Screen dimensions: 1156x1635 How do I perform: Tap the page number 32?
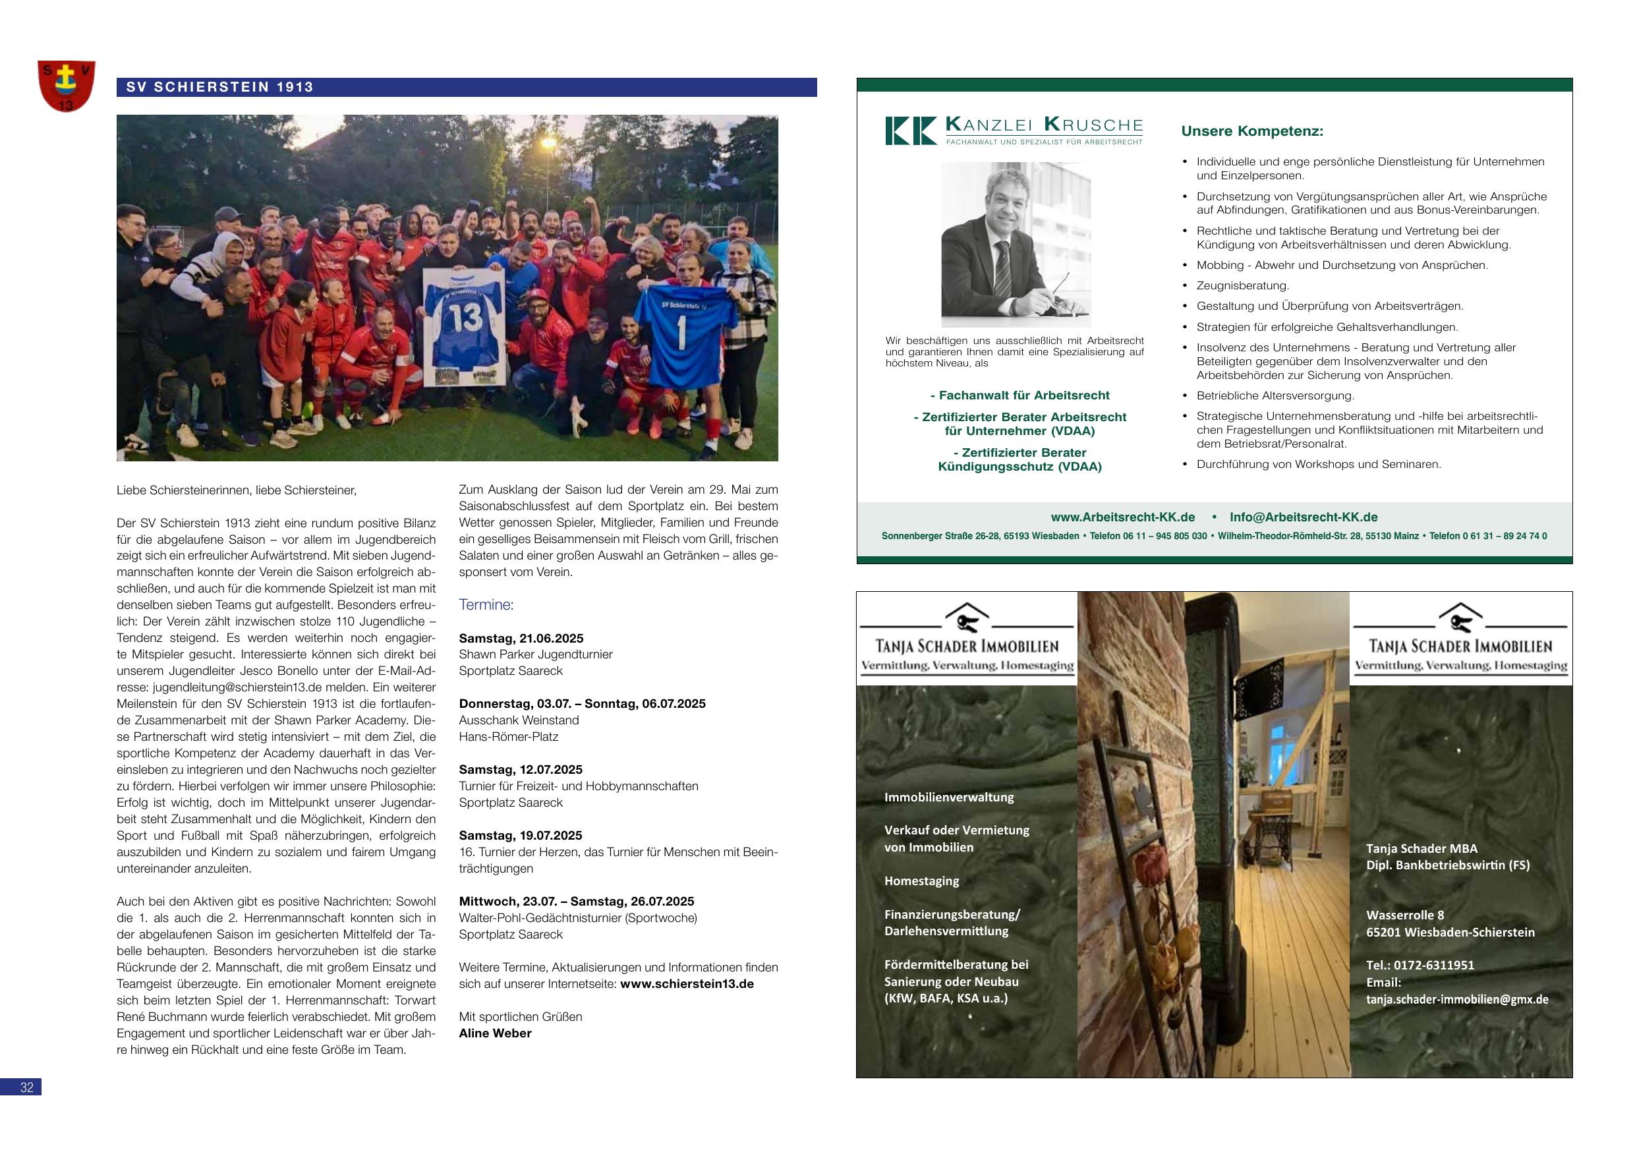(26, 1087)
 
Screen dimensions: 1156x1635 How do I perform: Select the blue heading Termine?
(486, 605)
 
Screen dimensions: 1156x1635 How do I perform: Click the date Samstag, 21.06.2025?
(521, 638)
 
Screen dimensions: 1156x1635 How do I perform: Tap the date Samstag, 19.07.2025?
(521, 836)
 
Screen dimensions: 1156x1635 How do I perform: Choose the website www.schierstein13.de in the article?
(687, 983)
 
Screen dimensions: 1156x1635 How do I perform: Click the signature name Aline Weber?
(495, 1033)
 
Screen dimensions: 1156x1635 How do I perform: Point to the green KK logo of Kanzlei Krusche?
(911, 131)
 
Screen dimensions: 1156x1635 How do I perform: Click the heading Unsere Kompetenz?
(1252, 131)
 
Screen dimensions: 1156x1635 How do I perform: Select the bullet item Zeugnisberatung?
(1243, 285)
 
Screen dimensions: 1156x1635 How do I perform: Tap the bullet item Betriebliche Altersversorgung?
(1275, 395)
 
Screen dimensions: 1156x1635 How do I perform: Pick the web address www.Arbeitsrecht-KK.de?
(1123, 517)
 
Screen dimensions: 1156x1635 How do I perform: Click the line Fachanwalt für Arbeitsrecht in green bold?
(1020, 395)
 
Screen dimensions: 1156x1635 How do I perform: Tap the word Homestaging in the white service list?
(921, 881)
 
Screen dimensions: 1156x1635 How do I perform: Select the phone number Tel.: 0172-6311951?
(1420, 965)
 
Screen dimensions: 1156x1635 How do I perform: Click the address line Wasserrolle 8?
(1405, 915)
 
